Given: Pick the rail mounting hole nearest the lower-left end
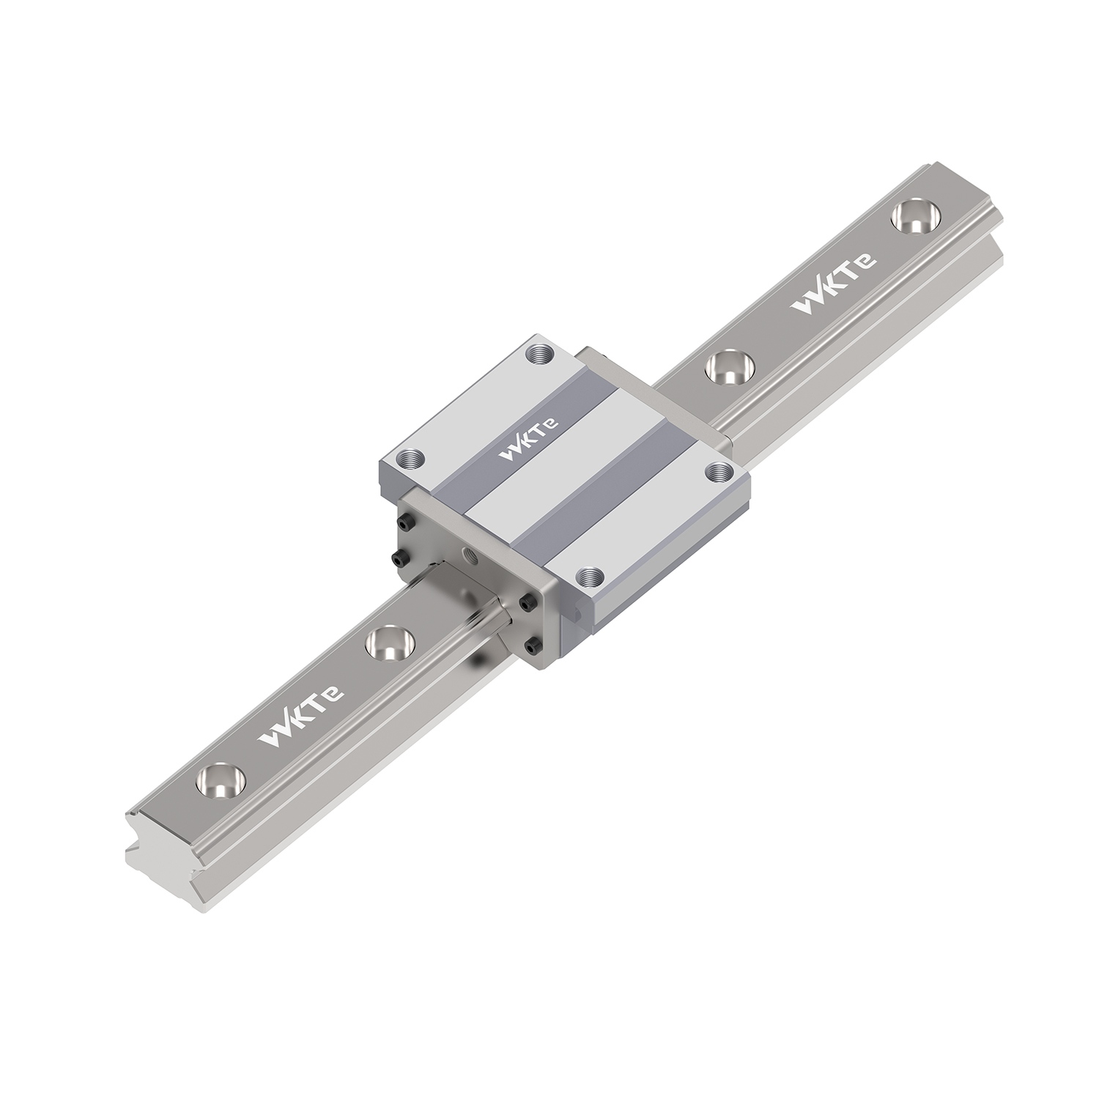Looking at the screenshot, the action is click(219, 779).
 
